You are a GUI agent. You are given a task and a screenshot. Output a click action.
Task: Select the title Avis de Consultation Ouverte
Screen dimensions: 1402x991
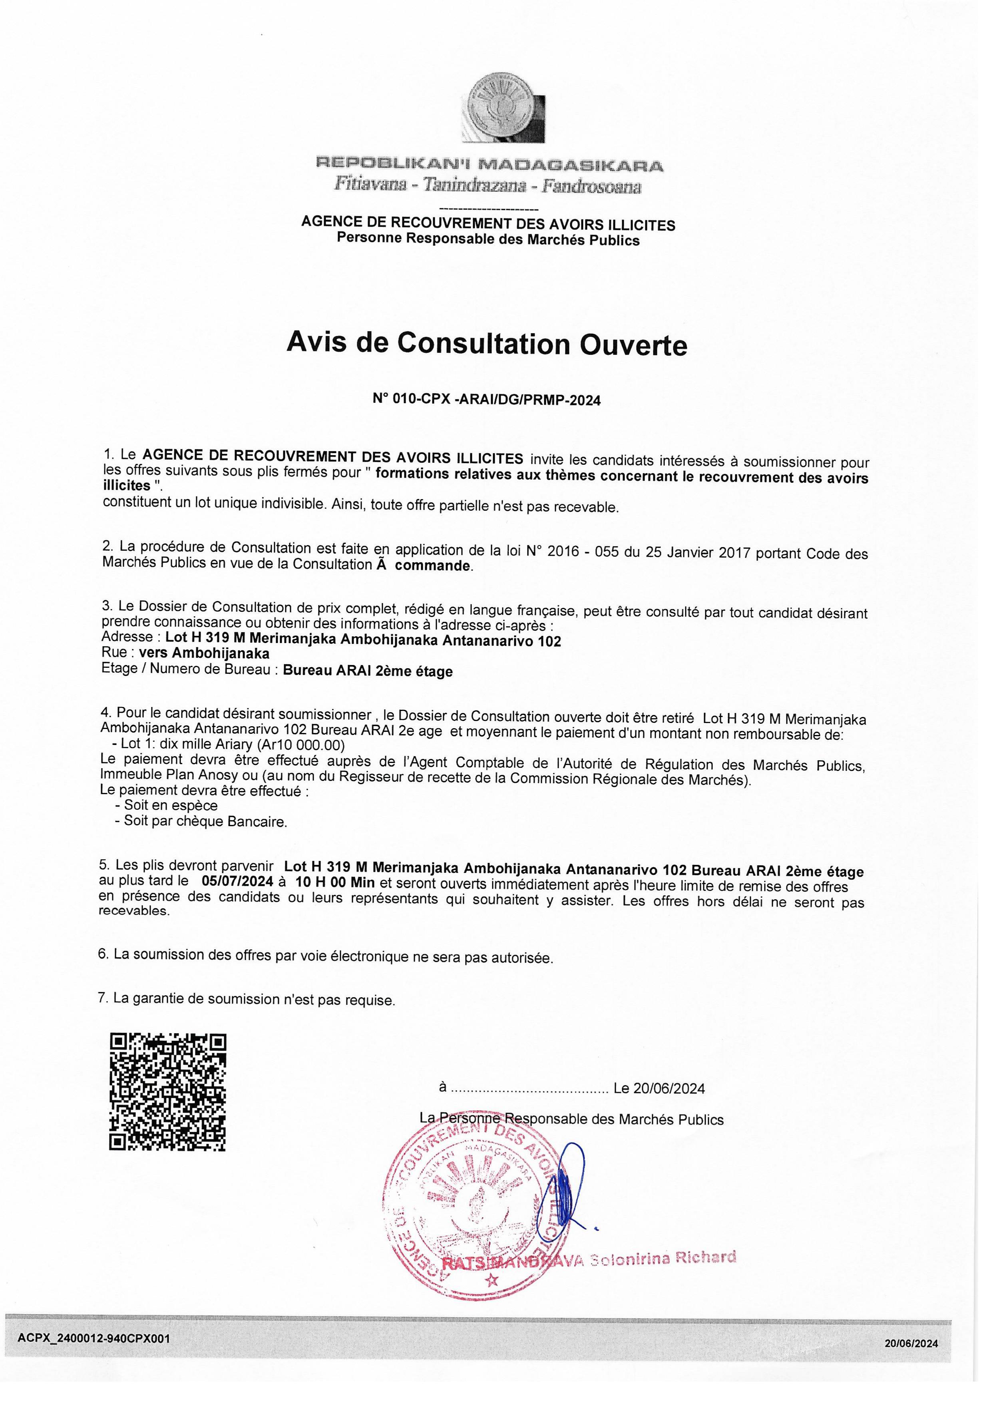pos(487,345)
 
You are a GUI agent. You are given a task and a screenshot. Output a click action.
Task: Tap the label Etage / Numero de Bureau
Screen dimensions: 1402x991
pos(189,669)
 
